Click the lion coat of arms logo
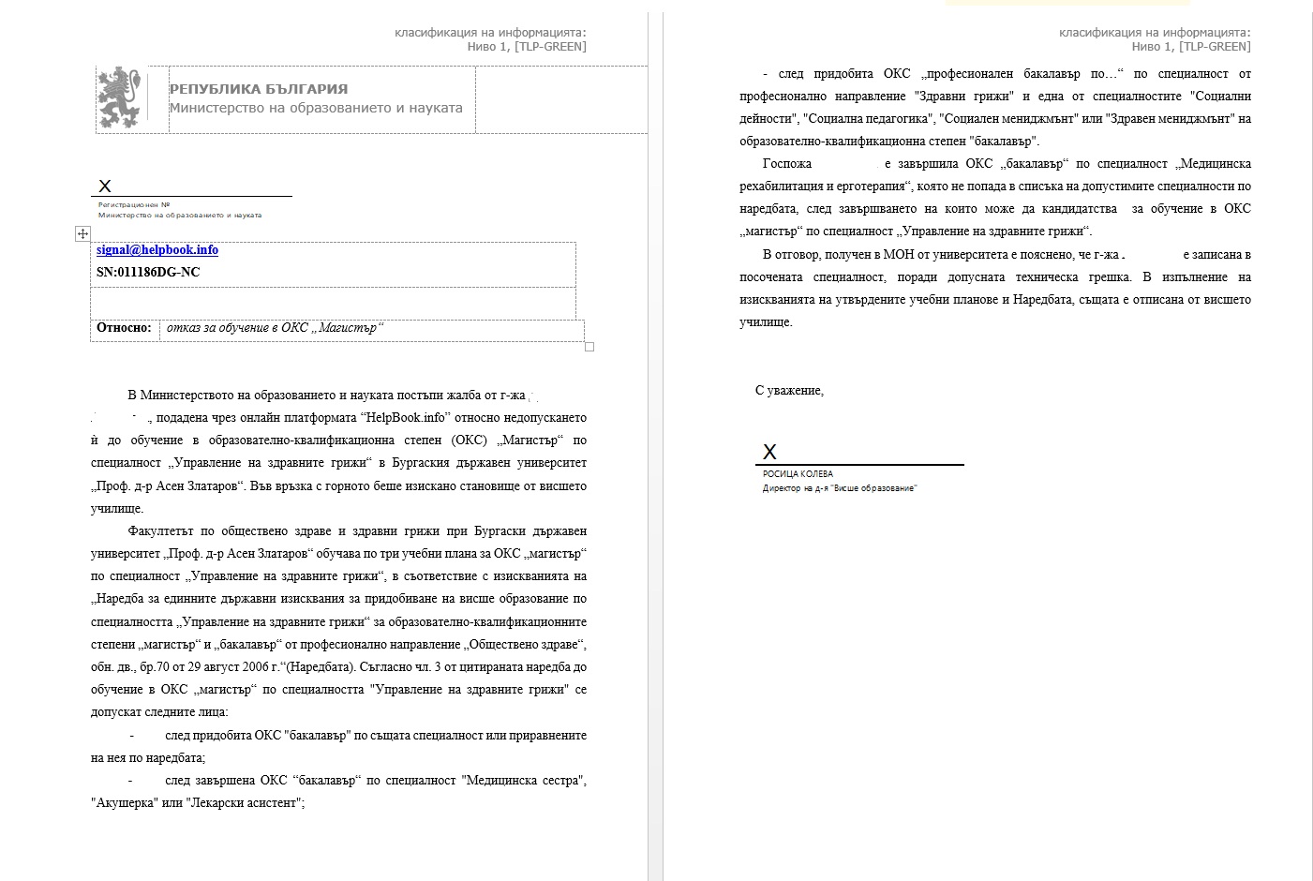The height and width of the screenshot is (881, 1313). coord(123,97)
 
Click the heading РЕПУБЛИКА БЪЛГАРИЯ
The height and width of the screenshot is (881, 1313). coord(259,89)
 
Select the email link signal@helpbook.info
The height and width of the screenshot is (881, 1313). coord(157,250)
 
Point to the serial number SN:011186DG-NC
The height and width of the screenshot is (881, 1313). coord(148,273)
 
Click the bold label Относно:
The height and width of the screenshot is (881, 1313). coord(124,328)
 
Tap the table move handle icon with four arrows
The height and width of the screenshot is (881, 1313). coord(82,233)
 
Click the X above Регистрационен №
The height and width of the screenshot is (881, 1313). coord(105,187)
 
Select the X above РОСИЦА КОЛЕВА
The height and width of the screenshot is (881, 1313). coord(769,452)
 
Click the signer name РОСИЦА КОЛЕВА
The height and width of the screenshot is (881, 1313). coord(798,474)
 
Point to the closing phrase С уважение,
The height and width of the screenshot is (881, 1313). coord(789,391)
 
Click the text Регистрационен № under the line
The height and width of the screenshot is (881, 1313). coord(134,204)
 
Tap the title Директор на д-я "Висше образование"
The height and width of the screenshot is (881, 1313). coord(840,488)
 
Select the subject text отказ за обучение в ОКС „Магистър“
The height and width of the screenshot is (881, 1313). coord(276,328)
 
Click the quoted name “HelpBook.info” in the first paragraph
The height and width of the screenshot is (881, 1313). coord(404,418)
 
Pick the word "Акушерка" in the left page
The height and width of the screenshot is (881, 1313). coord(123,803)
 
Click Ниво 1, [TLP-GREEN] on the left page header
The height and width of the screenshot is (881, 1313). coord(527,47)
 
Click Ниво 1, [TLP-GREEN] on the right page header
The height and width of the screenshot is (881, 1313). coord(1190,47)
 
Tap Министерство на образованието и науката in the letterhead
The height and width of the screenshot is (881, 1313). coord(316,108)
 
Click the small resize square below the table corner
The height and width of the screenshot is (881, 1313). coord(589,347)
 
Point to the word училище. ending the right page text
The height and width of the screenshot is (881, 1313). coord(766,322)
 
